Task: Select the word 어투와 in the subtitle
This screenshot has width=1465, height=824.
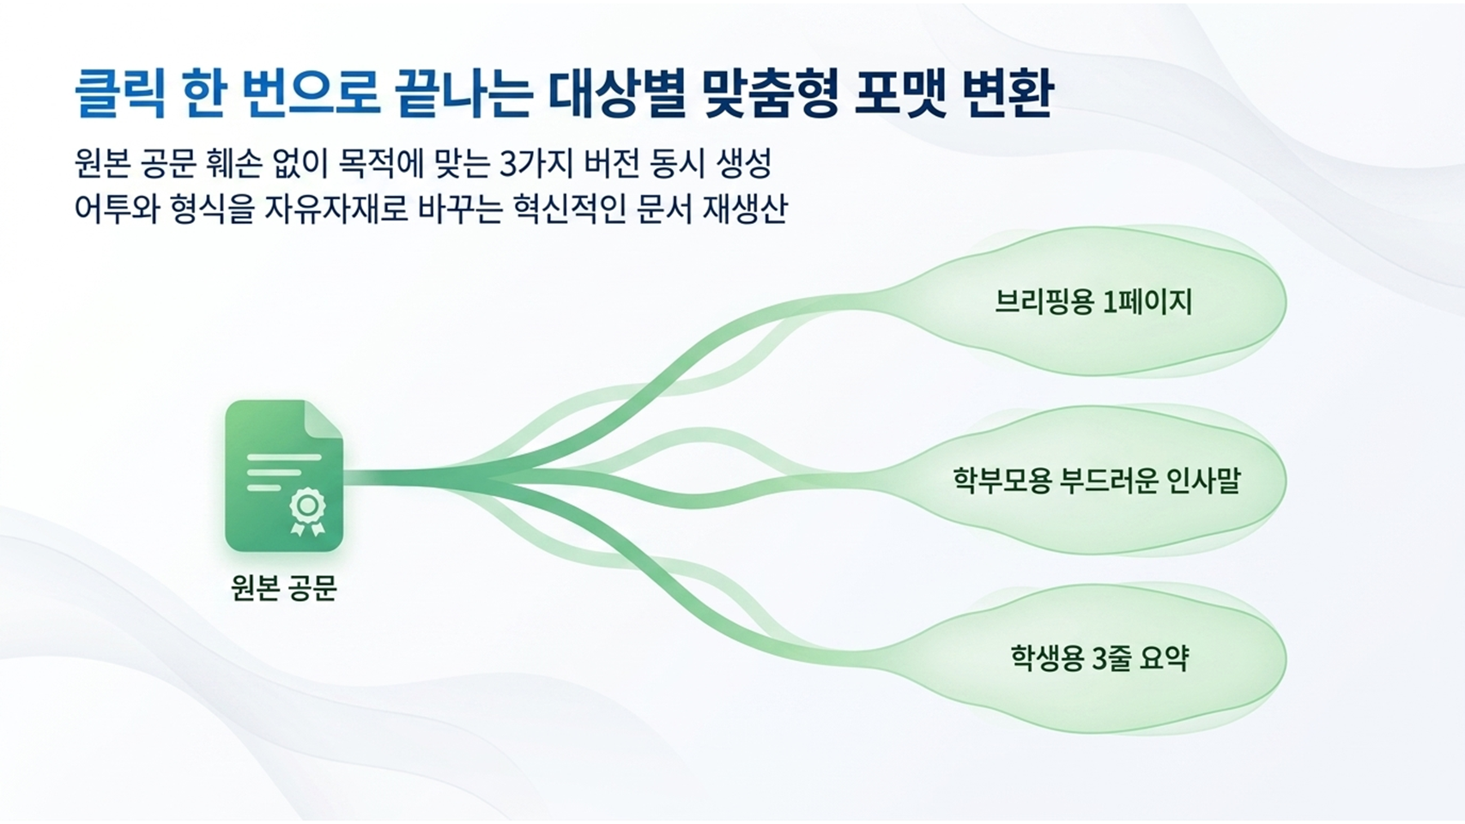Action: point(117,209)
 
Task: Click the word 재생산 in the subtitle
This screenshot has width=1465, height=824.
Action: point(745,209)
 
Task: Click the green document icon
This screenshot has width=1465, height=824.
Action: point(284,476)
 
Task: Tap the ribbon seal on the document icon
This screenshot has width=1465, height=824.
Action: point(307,512)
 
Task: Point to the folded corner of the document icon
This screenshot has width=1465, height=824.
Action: point(324,419)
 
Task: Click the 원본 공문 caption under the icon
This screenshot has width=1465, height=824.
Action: point(284,586)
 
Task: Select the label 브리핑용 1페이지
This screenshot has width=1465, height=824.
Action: point(1093,302)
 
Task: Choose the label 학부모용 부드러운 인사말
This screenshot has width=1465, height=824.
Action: point(1096,481)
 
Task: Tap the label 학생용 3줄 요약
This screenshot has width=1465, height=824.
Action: point(1099,657)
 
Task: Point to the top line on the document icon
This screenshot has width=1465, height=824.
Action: point(284,457)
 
